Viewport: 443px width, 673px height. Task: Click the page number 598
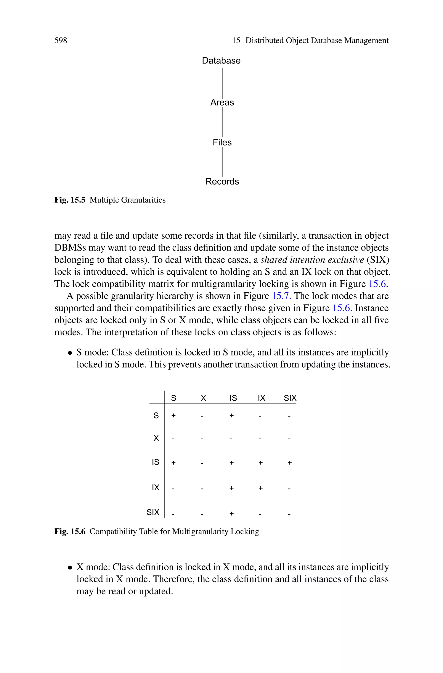tap(61, 41)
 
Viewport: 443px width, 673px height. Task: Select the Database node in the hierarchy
tap(221, 60)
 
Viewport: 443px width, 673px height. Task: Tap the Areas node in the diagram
tap(222, 103)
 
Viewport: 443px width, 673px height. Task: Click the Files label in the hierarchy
tap(222, 142)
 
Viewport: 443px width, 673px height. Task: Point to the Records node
tap(222, 181)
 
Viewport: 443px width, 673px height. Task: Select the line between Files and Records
tap(222, 162)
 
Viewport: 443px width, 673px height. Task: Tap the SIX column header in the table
tap(290, 398)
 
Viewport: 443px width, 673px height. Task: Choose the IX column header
tap(261, 398)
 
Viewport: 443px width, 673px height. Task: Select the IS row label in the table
tap(155, 462)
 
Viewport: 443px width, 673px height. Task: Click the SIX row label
tap(153, 512)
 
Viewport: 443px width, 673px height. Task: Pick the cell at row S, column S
tap(173, 416)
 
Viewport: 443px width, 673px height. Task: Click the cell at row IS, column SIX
tap(289, 463)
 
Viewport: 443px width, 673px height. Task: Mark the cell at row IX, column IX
tap(260, 488)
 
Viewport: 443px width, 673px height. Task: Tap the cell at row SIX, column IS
tap(231, 513)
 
